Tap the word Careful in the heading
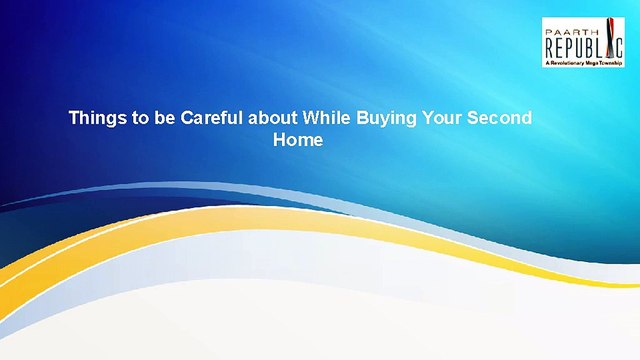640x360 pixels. point(212,118)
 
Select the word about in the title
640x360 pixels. point(273,118)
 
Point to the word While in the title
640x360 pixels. point(327,118)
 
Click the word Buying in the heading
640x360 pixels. point(387,118)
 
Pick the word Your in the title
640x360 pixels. point(442,118)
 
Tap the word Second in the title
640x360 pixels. point(500,118)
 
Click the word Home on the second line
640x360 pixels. point(298,140)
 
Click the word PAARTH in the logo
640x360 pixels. point(572,32)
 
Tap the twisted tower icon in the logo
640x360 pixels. point(609,38)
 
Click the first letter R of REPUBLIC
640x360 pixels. point(550,47)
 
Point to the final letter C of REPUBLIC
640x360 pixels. point(619,47)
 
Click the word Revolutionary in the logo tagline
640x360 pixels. point(568,63)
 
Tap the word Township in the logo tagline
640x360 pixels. point(610,63)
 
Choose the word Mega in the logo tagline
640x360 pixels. point(592,63)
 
